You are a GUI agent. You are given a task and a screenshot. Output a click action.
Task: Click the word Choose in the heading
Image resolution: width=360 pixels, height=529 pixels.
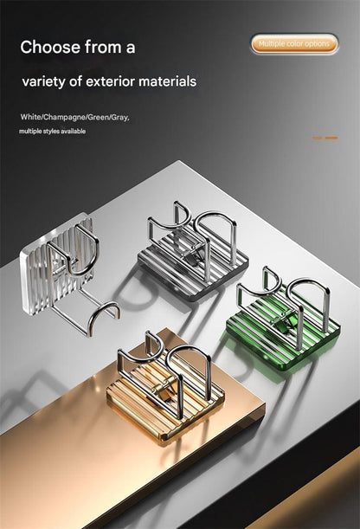coord(50,47)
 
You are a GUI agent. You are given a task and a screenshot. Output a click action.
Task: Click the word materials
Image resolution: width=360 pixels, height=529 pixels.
coord(167,81)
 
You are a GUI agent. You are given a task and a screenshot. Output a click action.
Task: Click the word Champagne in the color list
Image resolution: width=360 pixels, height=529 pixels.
coord(64,117)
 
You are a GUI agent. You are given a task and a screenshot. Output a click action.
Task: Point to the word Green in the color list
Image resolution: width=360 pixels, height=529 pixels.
coord(98,117)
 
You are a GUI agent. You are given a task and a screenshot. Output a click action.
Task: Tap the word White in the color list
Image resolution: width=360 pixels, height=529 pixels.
coord(30,117)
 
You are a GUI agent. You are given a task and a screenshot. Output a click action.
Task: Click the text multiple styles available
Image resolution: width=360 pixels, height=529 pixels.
coord(52,131)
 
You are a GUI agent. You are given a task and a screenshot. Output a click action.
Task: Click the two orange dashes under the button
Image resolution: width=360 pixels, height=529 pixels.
coord(325,138)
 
